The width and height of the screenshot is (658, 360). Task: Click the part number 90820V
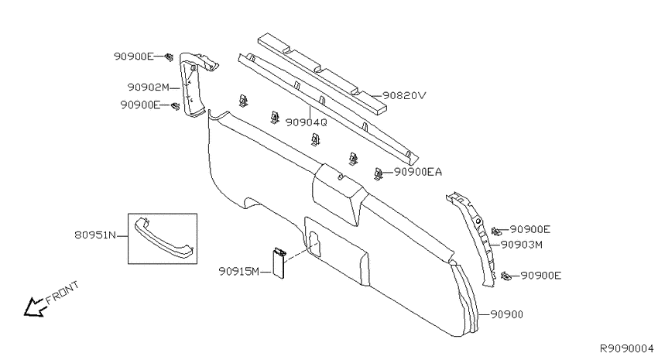tap(403, 96)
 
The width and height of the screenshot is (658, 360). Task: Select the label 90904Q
tap(306, 122)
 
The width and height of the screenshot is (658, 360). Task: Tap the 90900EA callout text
tap(418, 172)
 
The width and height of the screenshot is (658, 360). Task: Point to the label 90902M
tap(148, 87)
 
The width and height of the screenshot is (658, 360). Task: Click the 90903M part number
tap(522, 245)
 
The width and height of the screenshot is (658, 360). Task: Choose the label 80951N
tap(95, 235)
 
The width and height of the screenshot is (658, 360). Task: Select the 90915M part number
tap(239, 272)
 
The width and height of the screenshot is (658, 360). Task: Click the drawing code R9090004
tap(626, 348)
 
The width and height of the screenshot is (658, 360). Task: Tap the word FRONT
tap(62, 293)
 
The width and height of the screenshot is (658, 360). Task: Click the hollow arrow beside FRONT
tap(33, 307)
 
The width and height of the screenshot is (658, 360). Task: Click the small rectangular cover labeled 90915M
tap(279, 262)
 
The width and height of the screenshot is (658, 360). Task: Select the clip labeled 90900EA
tap(378, 173)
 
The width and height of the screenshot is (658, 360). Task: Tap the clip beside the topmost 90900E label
tap(169, 57)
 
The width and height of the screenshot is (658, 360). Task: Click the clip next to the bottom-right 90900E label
tap(506, 276)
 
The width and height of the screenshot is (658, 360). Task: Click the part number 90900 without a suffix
tap(507, 314)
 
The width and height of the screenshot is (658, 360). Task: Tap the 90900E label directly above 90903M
tap(529, 229)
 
